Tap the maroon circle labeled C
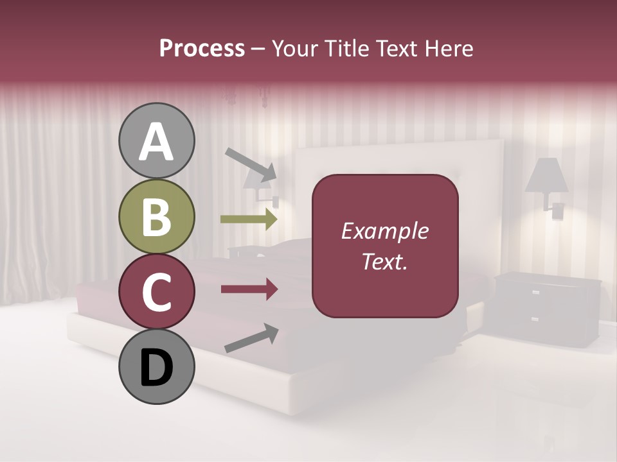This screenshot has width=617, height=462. (x=156, y=291)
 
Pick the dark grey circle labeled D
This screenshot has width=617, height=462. (x=156, y=366)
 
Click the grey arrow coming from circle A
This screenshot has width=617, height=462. (x=251, y=164)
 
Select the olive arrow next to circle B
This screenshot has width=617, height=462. (x=249, y=219)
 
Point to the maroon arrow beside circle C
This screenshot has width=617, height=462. (x=249, y=290)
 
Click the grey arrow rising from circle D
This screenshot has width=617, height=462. (x=251, y=338)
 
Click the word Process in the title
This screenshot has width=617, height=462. (x=202, y=49)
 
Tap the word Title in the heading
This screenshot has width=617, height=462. (x=346, y=49)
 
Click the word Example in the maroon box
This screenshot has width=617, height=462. (x=385, y=231)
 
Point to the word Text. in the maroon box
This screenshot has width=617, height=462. (x=385, y=261)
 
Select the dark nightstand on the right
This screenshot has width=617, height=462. (x=548, y=309)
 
